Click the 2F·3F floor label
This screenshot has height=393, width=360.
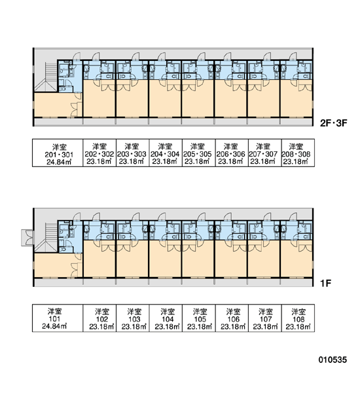[333, 123]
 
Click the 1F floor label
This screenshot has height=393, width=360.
[326, 283]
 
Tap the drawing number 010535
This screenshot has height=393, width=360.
[333, 360]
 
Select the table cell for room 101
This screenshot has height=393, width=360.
[58, 318]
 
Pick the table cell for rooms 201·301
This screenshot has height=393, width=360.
[58, 153]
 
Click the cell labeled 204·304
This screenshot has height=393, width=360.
[166, 153]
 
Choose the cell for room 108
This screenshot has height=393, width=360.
[298, 318]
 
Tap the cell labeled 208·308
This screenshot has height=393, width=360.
[298, 153]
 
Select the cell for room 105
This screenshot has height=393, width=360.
[199, 318]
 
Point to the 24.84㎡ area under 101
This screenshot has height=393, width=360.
[54, 327]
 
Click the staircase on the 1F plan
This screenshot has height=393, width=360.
[46, 237]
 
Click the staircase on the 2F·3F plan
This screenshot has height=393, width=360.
[46, 77]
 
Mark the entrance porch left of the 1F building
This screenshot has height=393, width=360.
[27, 238]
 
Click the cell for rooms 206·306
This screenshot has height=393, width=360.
[232, 153]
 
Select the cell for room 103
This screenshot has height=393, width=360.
[132, 318]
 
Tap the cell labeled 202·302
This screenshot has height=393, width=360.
[99, 153]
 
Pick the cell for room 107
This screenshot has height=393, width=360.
[265, 318]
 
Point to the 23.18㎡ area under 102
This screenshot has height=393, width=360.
[101, 327]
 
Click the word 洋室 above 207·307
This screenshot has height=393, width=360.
[263, 146]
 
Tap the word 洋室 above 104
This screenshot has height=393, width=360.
[168, 312]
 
